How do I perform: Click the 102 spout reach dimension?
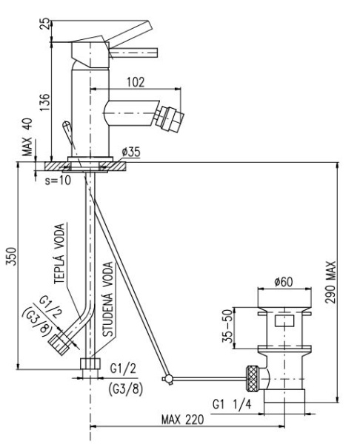tap(136, 82)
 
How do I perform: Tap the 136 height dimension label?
tap(44, 102)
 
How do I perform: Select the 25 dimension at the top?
tap(45, 24)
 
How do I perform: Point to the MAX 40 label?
tap(28, 137)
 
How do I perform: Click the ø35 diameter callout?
tap(131, 152)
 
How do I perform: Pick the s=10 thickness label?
tap(58, 181)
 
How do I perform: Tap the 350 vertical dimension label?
tap(11, 257)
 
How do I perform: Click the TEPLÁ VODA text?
tap(59, 254)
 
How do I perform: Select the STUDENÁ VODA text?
tap(107, 299)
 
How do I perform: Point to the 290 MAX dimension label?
tap(330, 283)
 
